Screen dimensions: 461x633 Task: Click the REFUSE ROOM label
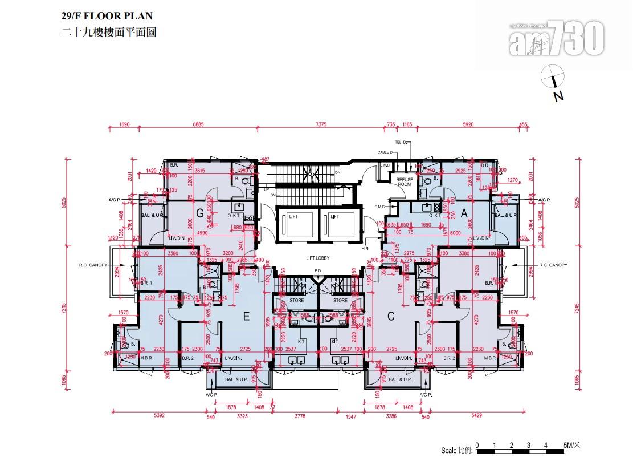(x=405, y=181)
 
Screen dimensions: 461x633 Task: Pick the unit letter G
(x=200, y=213)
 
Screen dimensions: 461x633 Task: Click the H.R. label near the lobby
(x=365, y=249)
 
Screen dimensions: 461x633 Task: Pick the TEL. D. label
(x=401, y=141)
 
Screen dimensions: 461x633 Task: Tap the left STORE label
(x=296, y=300)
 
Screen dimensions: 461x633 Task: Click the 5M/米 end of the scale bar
(x=571, y=445)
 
